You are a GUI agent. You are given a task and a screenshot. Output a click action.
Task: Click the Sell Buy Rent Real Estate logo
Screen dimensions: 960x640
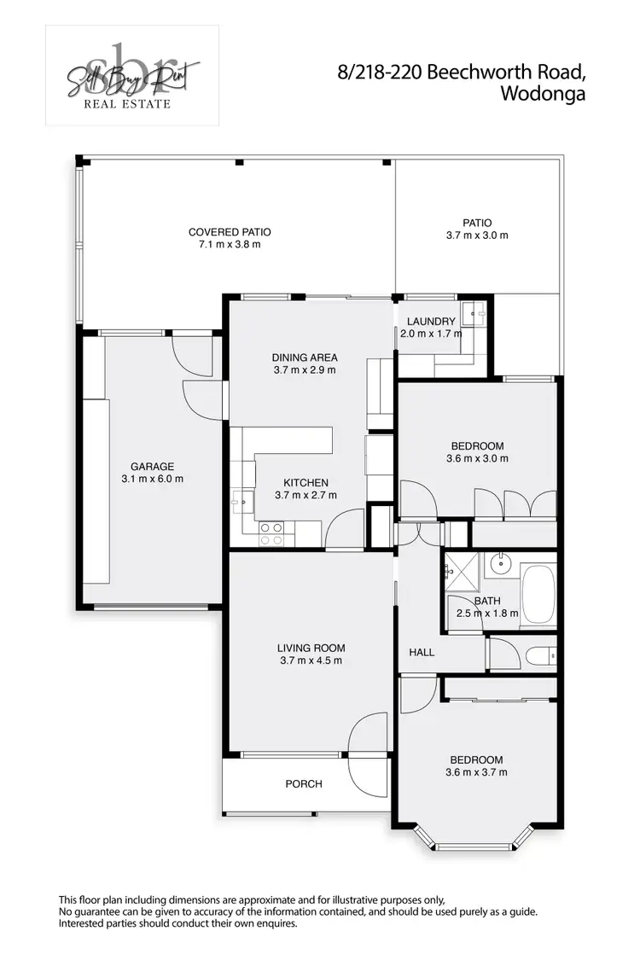[132, 76]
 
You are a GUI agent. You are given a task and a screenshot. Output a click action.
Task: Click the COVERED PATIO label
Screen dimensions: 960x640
[224, 232]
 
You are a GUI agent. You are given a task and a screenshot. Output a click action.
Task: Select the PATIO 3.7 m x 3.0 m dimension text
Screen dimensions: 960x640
[477, 236]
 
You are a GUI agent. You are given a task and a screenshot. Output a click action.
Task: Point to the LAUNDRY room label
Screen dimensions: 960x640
[431, 322]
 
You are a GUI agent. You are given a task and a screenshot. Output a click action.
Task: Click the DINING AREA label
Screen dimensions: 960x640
[305, 358]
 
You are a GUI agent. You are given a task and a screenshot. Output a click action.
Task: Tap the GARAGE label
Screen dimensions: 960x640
[152, 466]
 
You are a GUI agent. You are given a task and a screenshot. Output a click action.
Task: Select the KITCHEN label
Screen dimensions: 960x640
[305, 483]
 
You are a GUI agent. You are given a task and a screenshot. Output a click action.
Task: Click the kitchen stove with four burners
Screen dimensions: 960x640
[271, 534]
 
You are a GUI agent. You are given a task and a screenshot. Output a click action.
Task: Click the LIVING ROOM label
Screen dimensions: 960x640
[311, 648]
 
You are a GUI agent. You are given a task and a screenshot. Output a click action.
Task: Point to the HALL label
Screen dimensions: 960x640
[422, 652]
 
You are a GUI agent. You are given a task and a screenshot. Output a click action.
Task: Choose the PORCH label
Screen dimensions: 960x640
[303, 783]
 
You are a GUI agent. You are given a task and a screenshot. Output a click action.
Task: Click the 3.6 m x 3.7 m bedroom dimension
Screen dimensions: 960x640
[477, 772]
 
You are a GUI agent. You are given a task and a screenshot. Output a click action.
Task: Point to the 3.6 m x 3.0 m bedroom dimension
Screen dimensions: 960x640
[477, 458]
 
